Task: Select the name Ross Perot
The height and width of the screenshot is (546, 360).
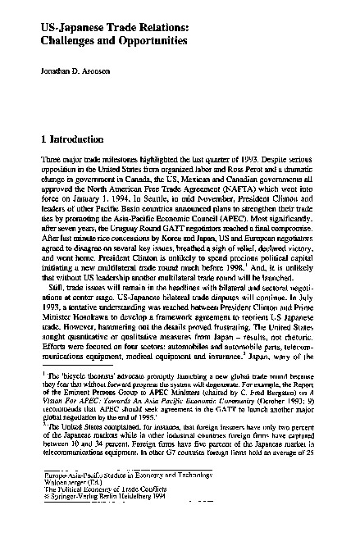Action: click(x=202, y=166)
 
